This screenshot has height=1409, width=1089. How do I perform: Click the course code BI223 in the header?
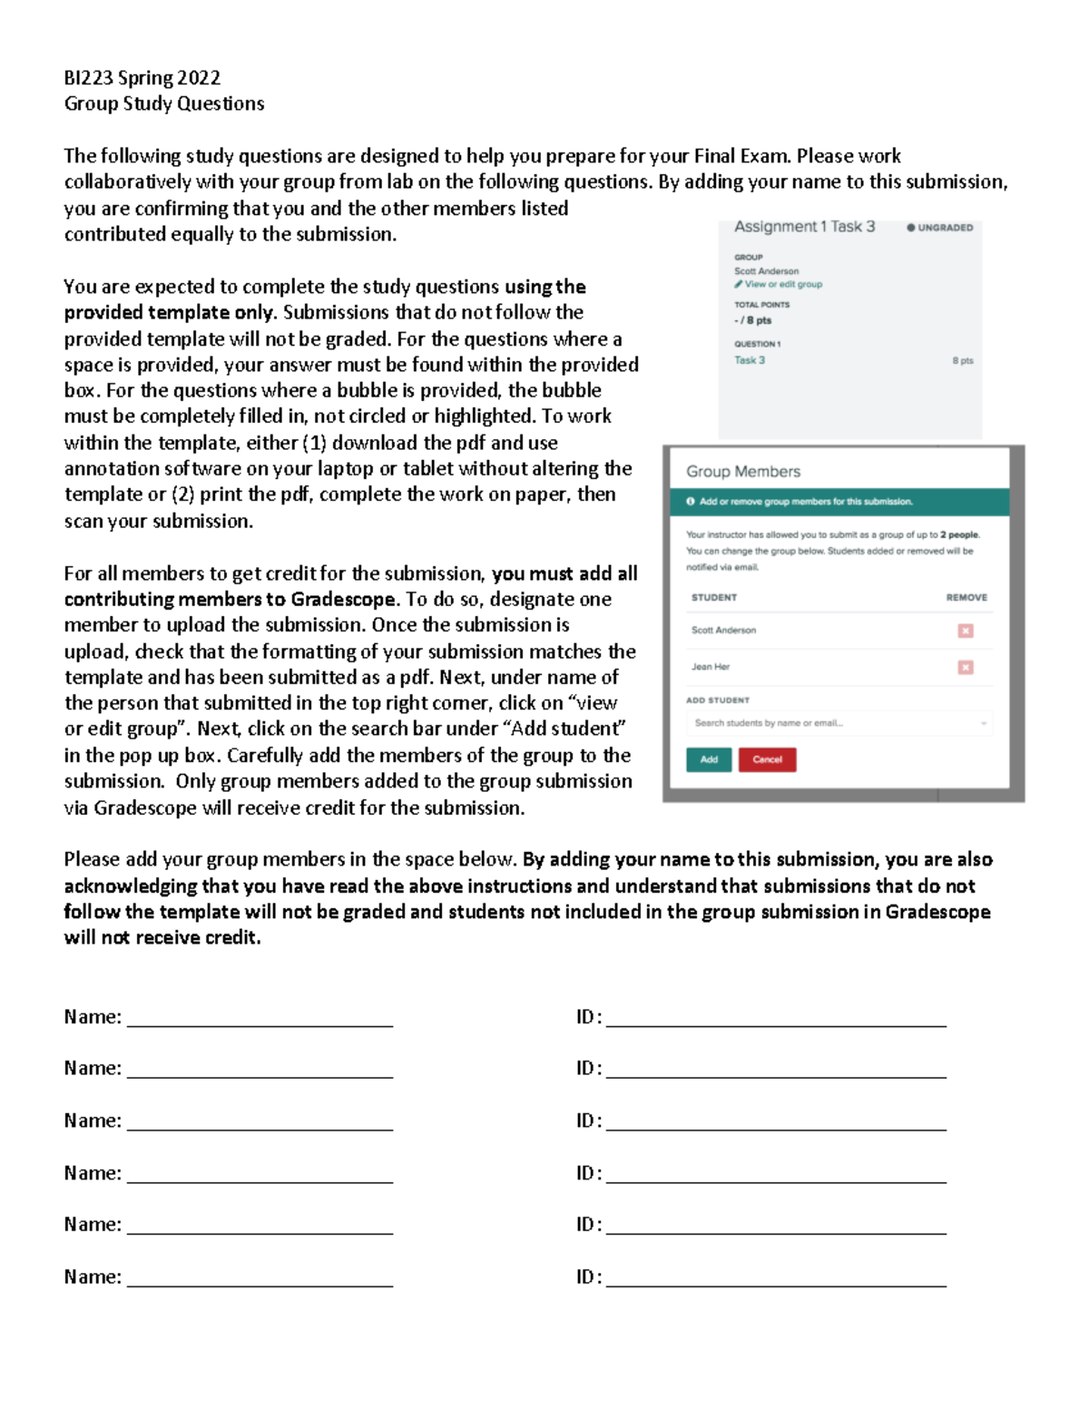click(x=88, y=78)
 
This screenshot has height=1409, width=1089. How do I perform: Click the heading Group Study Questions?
click(x=163, y=103)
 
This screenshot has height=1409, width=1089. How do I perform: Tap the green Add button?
click(x=709, y=759)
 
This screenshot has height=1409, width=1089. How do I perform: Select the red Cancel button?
click(x=767, y=759)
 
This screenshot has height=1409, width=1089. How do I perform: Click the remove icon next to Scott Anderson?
click(x=966, y=631)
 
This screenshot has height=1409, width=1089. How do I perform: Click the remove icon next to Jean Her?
click(x=966, y=668)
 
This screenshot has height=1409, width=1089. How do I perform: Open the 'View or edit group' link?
click(x=782, y=284)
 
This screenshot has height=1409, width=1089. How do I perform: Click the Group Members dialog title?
click(x=743, y=472)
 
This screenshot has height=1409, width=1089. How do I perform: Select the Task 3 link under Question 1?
click(x=750, y=360)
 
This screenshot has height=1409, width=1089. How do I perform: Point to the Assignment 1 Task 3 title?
click(x=804, y=227)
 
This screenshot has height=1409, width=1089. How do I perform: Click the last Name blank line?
click(x=260, y=1279)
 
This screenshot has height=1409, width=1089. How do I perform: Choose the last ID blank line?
click(x=776, y=1279)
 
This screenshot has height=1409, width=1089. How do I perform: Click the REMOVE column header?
click(x=966, y=598)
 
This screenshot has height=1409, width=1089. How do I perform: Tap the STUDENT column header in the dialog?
click(x=714, y=598)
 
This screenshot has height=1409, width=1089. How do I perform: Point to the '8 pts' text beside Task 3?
click(x=963, y=361)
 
